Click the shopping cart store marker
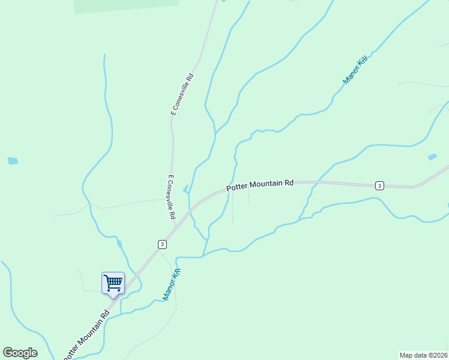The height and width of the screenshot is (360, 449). tap(113, 283)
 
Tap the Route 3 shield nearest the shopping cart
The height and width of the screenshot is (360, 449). tap(162, 244)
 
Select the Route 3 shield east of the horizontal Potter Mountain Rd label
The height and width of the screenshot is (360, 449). tap(379, 186)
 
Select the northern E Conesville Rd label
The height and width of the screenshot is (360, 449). tap(182, 94)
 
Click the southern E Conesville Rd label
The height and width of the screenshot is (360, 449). tap(171, 197)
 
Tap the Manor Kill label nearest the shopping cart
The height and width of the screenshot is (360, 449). tap(172, 284)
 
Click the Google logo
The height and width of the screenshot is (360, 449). tap(20, 353)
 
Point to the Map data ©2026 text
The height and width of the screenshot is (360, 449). tap(423, 355)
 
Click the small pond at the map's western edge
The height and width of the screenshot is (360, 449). tap(12, 161)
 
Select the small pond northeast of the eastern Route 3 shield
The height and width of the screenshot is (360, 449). tap(432, 157)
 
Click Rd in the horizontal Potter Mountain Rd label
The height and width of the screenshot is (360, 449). tap(289, 182)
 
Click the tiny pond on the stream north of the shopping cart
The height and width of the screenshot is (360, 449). tap(119, 244)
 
